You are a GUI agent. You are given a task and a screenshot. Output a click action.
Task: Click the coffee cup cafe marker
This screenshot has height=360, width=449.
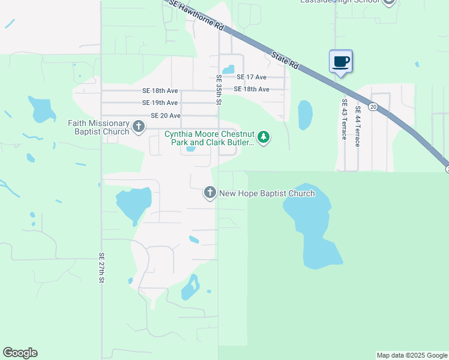pos(340,62)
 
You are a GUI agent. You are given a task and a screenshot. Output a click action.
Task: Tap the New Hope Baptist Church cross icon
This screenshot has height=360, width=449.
pos(210,193)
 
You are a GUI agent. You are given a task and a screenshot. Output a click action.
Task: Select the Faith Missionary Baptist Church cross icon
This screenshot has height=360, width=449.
pos(139,127)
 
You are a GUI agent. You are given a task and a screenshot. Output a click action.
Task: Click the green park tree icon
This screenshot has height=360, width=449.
pos(263,138)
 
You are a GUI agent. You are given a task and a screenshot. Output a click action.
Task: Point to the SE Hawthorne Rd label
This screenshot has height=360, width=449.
pos(196,16)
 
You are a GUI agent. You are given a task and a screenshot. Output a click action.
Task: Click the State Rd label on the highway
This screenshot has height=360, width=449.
pos(285,59)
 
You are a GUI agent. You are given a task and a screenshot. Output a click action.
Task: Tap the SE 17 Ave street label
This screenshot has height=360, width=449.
pos(251,77)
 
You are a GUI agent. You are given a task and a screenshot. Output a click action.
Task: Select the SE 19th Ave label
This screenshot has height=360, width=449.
pos(160,103)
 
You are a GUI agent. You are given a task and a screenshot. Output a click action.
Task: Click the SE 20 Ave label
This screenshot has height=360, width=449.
pos(165,116)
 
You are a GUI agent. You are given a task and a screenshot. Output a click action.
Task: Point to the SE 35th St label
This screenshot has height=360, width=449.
pos(219,89)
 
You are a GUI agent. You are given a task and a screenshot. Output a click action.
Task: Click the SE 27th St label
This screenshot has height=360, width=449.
pos(101,268)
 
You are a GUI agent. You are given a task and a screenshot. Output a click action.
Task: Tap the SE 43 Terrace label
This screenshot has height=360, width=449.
pos(344,119)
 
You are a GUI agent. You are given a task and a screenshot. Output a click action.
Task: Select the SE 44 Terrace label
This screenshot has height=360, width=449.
pos(357,126)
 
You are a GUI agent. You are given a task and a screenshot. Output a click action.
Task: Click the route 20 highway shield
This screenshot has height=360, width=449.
pos(373,107)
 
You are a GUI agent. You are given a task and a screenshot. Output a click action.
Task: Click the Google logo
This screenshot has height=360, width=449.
pos(20,353)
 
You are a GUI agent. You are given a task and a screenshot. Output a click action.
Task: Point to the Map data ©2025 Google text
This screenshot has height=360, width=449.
pos(412,355)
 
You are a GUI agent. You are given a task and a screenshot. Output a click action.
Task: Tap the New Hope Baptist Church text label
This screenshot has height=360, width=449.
pos(267,193)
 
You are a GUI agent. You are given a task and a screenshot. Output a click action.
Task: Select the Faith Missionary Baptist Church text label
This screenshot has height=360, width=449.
pos(98,127)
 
